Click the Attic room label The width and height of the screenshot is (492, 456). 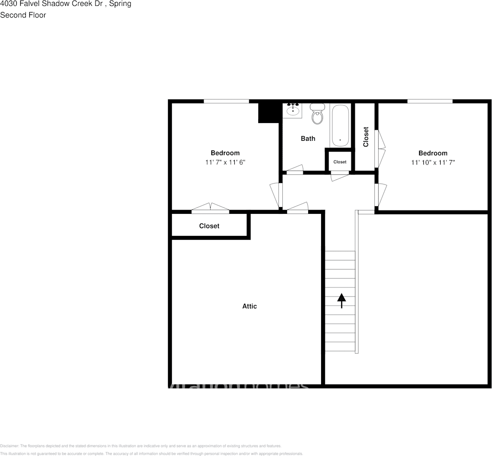coord(249,306)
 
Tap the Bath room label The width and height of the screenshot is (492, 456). coord(308,138)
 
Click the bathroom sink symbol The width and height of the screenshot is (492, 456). coord(293,110)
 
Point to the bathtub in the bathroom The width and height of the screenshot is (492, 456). coord(340,126)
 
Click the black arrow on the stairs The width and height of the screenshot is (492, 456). coord(341,300)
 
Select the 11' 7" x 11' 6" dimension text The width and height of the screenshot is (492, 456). coord(225,162)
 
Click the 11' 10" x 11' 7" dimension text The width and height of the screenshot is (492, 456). coord(432,162)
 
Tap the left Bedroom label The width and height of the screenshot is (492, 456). coord(225,153)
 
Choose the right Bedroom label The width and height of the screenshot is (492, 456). coord(432,153)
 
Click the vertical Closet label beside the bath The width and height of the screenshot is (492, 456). coord(366,136)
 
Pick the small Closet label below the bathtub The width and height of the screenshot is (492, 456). coord(339,162)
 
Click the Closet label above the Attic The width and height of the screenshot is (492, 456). coord(209,226)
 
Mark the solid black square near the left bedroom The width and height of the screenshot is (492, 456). coord(269,113)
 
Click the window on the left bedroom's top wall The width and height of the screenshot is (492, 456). coord(226,101)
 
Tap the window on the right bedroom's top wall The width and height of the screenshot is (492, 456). coord(430,101)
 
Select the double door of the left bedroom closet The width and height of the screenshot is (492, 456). coord(210,208)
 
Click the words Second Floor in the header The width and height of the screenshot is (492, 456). coord(23,15)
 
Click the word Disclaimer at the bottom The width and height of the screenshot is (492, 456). coord(9,446)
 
